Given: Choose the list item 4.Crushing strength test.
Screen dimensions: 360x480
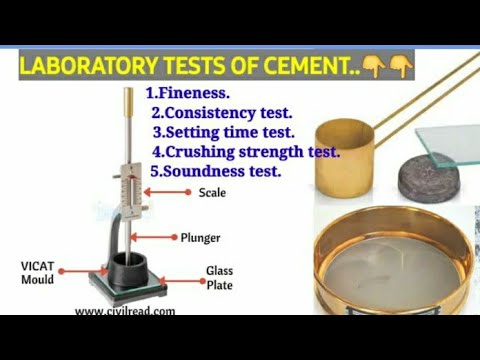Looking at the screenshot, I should (x=246, y=152).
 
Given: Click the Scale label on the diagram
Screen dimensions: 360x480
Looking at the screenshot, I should (x=212, y=192).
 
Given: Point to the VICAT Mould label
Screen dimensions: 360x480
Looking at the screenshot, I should (x=37, y=272).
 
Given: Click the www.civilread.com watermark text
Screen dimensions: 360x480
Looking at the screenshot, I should (x=125, y=310).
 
